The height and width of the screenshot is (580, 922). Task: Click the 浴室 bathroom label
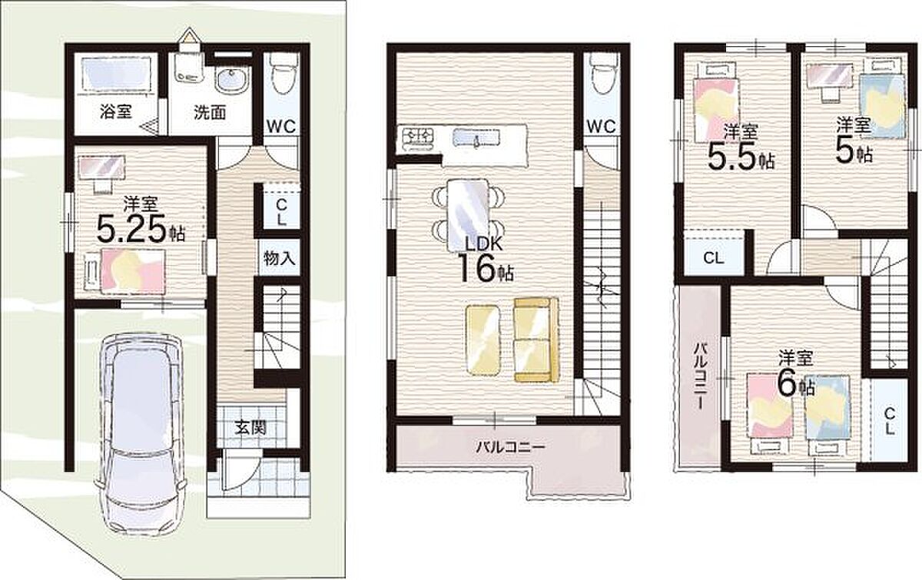[116, 111]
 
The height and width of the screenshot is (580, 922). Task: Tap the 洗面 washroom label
[210, 112]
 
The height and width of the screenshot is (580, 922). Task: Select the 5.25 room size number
[131, 229]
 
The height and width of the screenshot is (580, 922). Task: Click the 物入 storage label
[280, 259]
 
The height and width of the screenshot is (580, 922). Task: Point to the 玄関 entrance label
[251, 429]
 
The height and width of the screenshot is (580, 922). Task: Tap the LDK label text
[483, 244]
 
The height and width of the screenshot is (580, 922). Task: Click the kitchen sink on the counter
[476, 138]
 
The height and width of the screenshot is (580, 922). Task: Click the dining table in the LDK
[468, 215]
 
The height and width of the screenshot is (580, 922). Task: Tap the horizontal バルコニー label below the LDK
[510, 446]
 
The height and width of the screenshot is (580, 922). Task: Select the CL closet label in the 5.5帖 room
[714, 259]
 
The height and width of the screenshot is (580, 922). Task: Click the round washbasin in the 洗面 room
[232, 78]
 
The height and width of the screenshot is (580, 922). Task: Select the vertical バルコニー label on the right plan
[700, 376]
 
